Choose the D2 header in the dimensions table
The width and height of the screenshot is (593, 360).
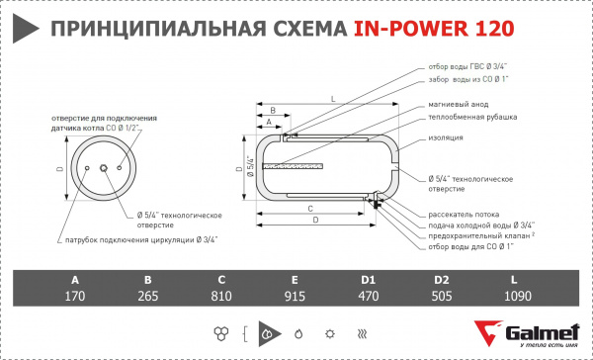point(442,279)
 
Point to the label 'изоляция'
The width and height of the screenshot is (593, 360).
point(447,137)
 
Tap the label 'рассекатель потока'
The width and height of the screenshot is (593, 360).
point(464,215)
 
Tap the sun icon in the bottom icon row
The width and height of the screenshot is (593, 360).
point(330,333)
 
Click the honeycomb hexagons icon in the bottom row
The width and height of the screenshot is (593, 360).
point(219,333)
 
